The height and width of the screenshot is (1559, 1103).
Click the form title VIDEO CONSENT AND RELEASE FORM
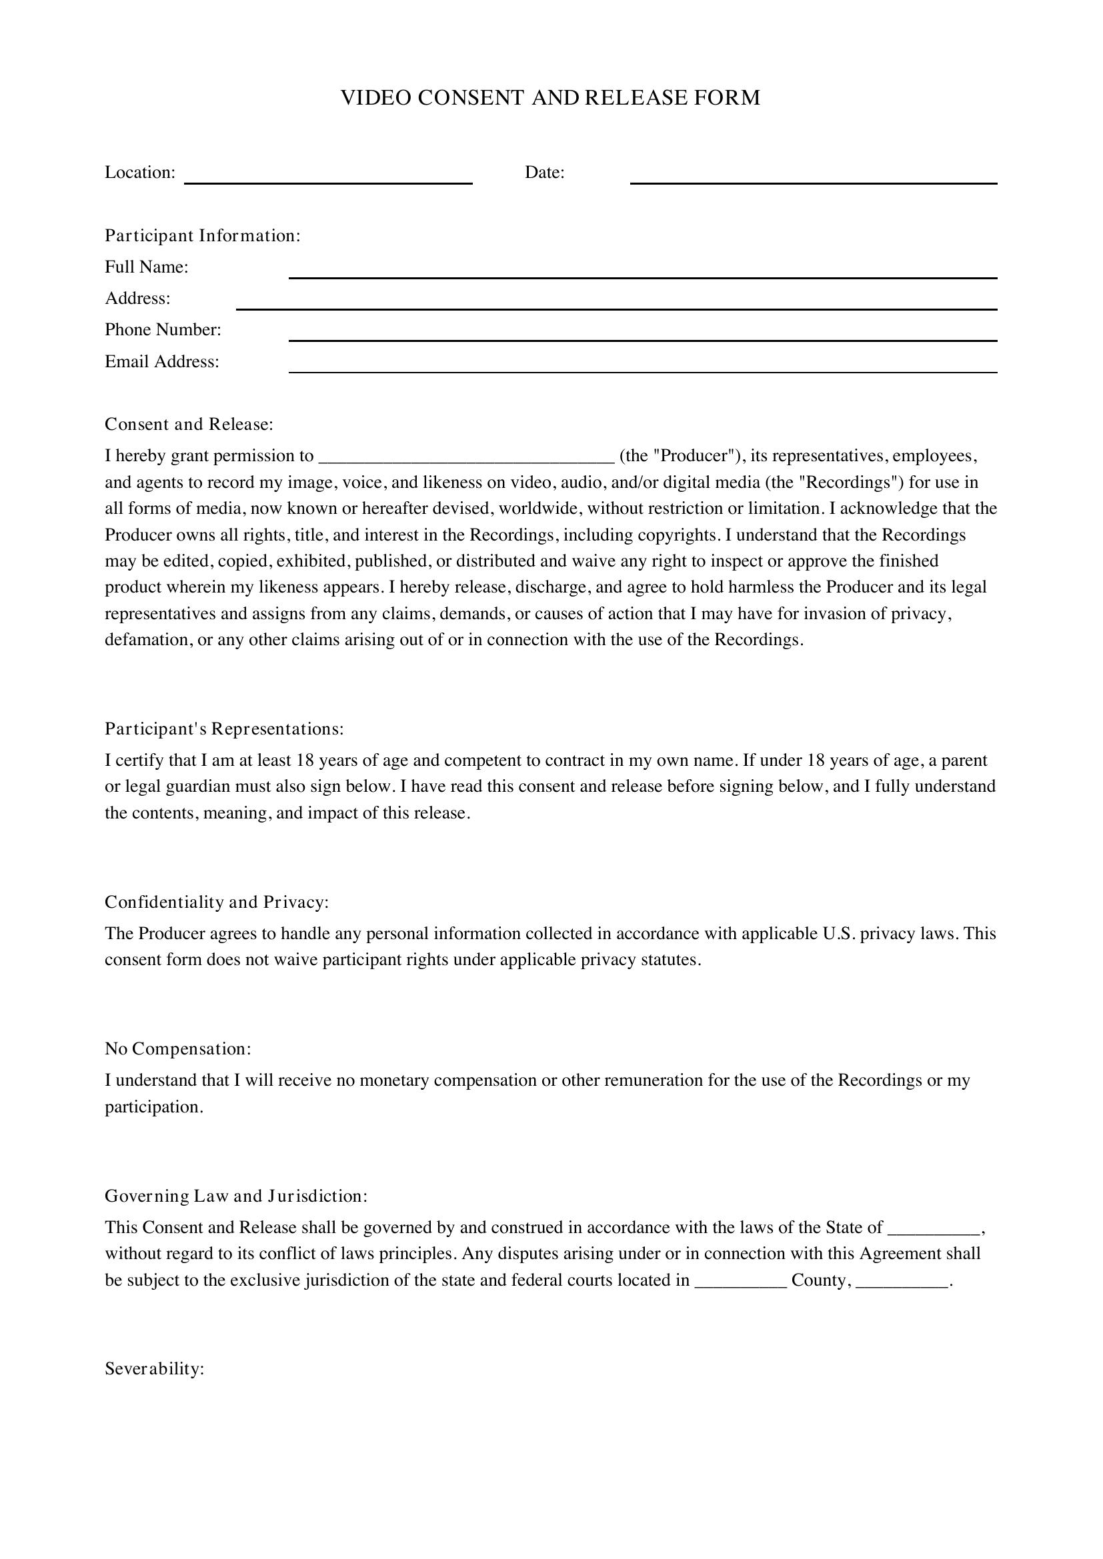(x=550, y=98)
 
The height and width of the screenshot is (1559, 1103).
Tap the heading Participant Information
(x=203, y=235)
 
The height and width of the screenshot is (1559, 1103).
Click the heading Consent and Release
(x=189, y=425)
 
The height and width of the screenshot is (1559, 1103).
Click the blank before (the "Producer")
(x=466, y=457)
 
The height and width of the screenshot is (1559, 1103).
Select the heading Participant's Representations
(x=224, y=729)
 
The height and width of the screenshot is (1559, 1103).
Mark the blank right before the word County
(x=741, y=1281)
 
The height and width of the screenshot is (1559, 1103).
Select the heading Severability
(x=155, y=1369)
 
